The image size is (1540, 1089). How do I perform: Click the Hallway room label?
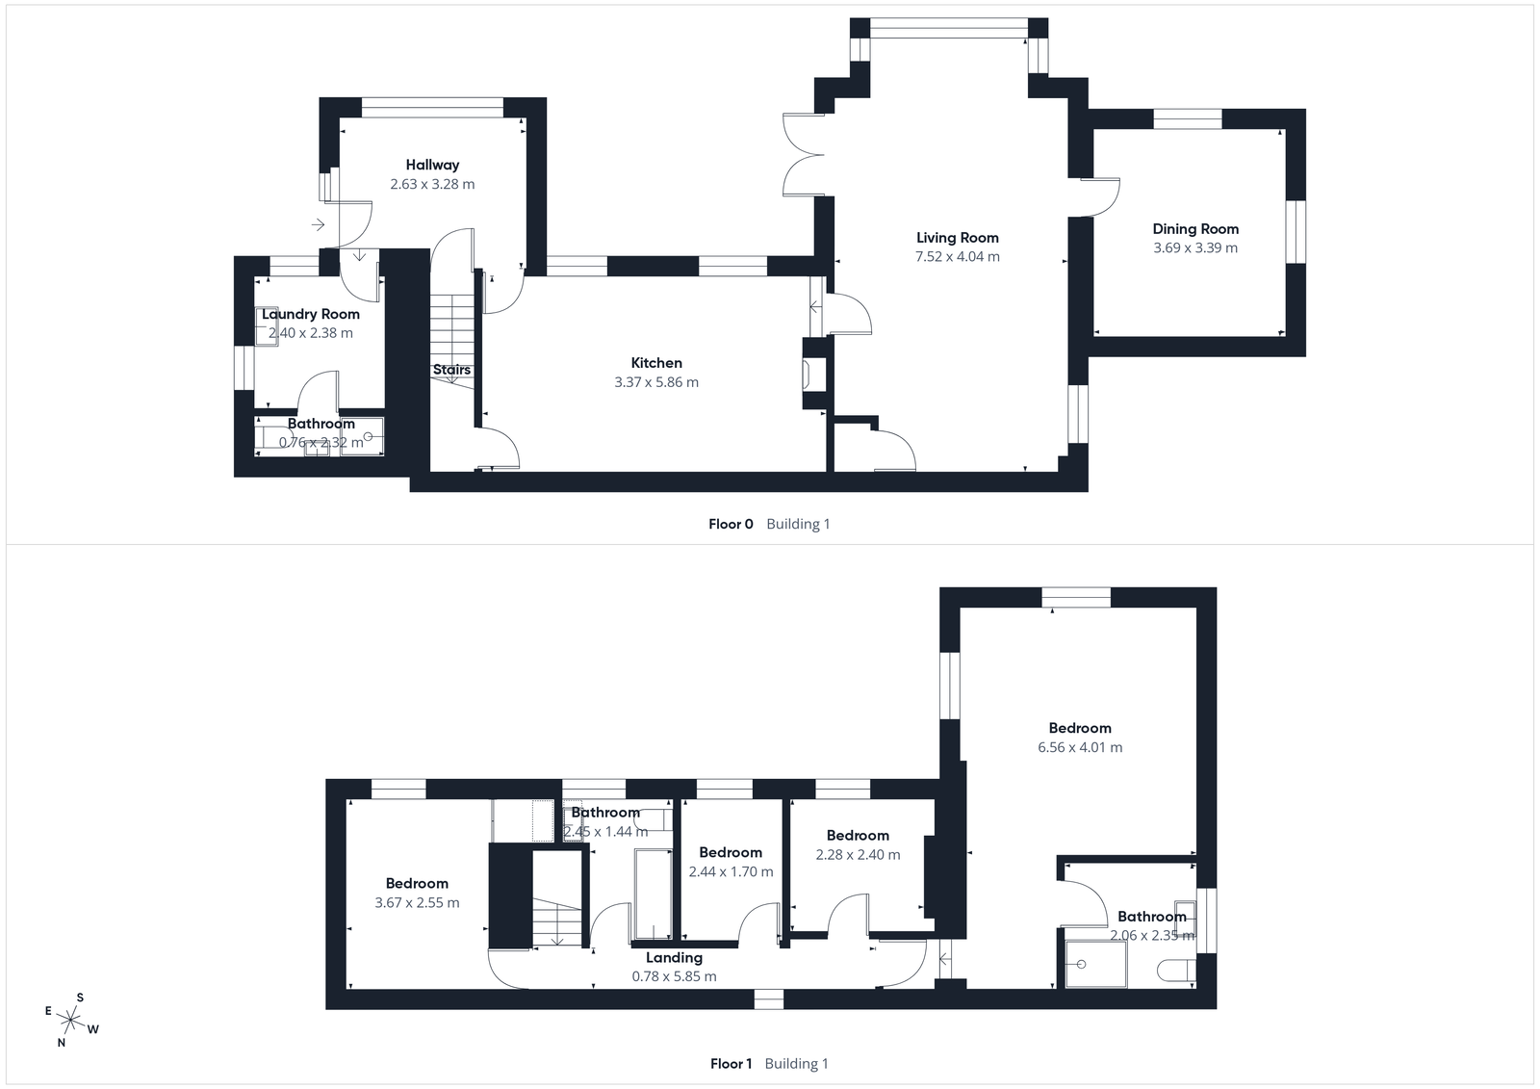pos(432,165)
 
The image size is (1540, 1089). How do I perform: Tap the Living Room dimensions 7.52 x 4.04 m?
pos(957,257)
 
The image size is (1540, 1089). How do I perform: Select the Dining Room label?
pos(1195,229)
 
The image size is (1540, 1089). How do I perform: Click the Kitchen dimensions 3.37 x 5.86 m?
pos(656,382)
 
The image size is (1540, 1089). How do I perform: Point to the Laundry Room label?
pos(310,314)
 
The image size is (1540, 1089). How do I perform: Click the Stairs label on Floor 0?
pos(451,370)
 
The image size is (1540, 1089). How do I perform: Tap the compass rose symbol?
pos(71,1018)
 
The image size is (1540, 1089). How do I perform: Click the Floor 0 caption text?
pos(731,525)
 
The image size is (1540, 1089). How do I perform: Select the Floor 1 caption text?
pos(731,1064)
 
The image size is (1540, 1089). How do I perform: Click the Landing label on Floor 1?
pos(674,957)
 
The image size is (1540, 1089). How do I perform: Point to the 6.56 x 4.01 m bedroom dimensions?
pos(1080,747)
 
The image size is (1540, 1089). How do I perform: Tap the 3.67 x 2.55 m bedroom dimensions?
pos(417,903)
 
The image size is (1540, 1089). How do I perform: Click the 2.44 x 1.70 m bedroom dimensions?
pos(731,872)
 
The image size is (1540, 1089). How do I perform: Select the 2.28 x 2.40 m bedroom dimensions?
pos(858,855)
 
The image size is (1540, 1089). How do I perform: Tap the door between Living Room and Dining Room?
pos(1102,197)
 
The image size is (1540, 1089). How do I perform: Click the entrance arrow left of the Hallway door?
pos(319,225)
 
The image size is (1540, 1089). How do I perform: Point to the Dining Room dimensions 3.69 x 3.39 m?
pos(1195,248)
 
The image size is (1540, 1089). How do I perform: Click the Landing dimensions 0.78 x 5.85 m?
pos(674,976)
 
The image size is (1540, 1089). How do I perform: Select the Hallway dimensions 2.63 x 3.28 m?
pos(432,184)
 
